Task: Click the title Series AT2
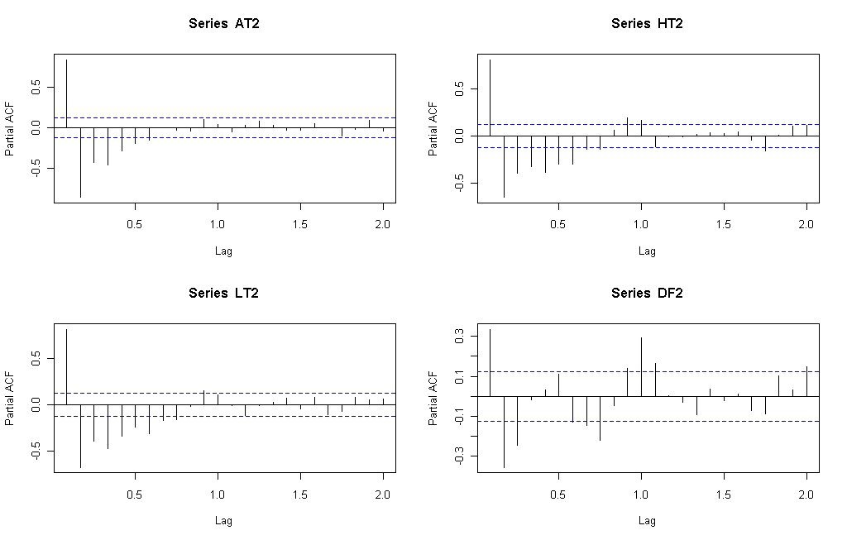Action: click(x=223, y=24)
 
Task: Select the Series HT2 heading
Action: click(x=647, y=24)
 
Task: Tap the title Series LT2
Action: click(x=223, y=294)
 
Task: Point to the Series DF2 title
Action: click(x=647, y=294)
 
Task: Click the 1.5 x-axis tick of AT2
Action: click(x=300, y=224)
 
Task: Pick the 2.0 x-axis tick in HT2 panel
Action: click(x=806, y=224)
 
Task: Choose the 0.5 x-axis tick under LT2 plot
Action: click(x=135, y=494)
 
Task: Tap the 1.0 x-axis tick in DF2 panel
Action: click(x=641, y=494)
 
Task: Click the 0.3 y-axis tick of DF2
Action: click(x=460, y=337)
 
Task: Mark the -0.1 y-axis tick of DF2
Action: click(x=460, y=416)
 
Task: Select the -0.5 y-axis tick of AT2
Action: click(x=36, y=168)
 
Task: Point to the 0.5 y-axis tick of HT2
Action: click(x=460, y=88)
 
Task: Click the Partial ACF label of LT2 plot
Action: click(x=9, y=399)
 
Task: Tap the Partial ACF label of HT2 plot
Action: click(x=433, y=128)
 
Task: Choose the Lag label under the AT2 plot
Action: click(x=223, y=251)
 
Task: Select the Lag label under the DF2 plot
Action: click(x=647, y=521)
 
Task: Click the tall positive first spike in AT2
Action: click(x=66, y=93)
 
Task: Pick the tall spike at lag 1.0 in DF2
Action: click(x=641, y=366)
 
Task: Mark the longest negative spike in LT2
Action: click(x=80, y=437)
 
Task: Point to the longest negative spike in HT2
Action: click(x=504, y=167)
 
